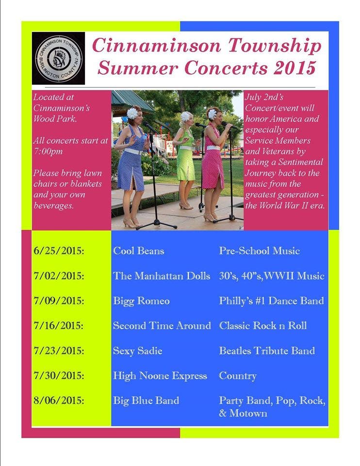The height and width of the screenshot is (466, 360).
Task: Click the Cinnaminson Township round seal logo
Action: (x=59, y=58)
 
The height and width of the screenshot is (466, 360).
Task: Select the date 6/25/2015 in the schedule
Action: (x=59, y=251)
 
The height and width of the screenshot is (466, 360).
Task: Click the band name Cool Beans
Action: (x=138, y=251)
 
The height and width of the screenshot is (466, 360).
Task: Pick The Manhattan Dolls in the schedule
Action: (x=162, y=276)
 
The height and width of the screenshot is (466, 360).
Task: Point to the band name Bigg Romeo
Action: (x=141, y=301)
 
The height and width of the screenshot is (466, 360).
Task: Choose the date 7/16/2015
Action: (x=59, y=326)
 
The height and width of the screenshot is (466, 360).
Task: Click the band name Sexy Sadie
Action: (x=137, y=351)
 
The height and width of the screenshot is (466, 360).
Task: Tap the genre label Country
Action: (x=238, y=376)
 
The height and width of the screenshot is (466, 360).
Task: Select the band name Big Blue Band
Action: (x=146, y=400)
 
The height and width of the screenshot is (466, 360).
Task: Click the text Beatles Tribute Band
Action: (x=267, y=350)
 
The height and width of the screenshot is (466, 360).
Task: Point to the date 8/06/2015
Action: (x=59, y=400)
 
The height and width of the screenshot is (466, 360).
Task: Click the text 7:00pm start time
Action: (x=48, y=151)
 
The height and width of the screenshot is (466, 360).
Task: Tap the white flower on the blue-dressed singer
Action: (x=132, y=113)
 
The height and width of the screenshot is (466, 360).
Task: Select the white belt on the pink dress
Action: (x=213, y=148)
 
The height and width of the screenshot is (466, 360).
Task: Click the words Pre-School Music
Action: (x=259, y=251)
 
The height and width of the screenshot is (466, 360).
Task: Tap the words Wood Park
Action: (x=55, y=119)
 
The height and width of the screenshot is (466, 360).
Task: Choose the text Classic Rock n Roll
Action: (x=263, y=326)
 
